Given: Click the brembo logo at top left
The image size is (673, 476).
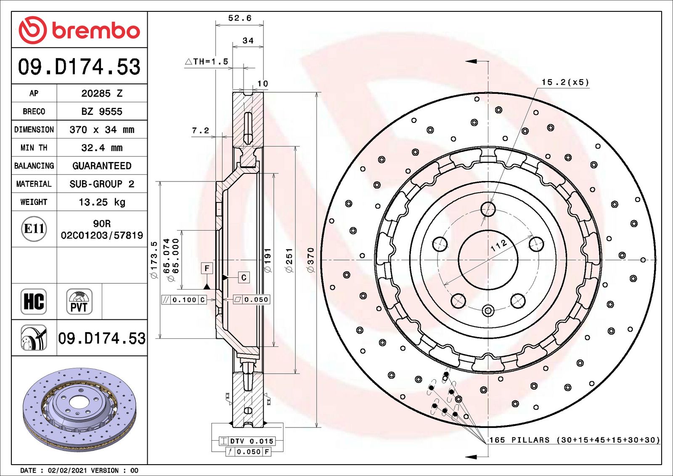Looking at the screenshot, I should click(79, 30).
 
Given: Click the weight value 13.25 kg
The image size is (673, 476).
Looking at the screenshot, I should click(102, 202).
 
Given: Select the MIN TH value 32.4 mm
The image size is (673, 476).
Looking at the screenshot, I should click(102, 148).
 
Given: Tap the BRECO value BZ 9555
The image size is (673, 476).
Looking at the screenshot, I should click(102, 112).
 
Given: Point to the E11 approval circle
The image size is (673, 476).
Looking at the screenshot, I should click(34, 229).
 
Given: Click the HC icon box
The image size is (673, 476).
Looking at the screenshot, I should click(34, 301).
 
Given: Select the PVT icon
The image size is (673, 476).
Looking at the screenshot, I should click(79, 301).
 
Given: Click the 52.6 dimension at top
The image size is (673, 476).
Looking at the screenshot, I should click(240, 18).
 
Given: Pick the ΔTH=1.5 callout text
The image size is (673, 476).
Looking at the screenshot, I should click(207, 61).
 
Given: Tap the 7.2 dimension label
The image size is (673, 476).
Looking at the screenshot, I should click(200, 130).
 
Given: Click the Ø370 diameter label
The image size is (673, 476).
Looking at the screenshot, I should click(311, 260).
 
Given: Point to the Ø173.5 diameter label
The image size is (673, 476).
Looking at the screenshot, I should click(154, 260).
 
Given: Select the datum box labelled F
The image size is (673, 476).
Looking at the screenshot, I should click(207, 268).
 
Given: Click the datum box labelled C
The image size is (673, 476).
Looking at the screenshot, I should click(244, 277).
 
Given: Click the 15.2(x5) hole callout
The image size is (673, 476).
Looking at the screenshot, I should click(565, 82).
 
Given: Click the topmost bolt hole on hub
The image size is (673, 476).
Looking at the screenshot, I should click(488, 209).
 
